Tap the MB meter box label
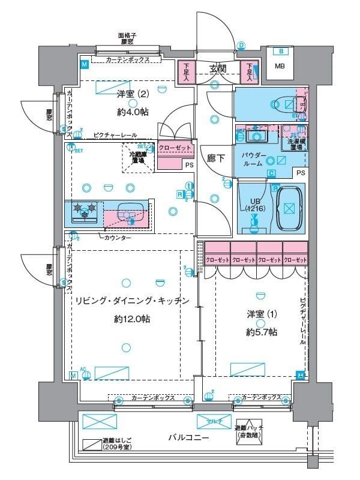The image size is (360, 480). [x=280, y=66]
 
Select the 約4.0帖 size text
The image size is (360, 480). [x=133, y=111]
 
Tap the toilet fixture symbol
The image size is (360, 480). [x=282, y=104]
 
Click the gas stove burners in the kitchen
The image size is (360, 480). [x=83, y=211]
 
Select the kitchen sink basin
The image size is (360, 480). [x=127, y=212]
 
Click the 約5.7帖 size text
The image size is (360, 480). [x=260, y=331]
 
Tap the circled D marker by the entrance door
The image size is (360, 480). [x=242, y=45]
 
